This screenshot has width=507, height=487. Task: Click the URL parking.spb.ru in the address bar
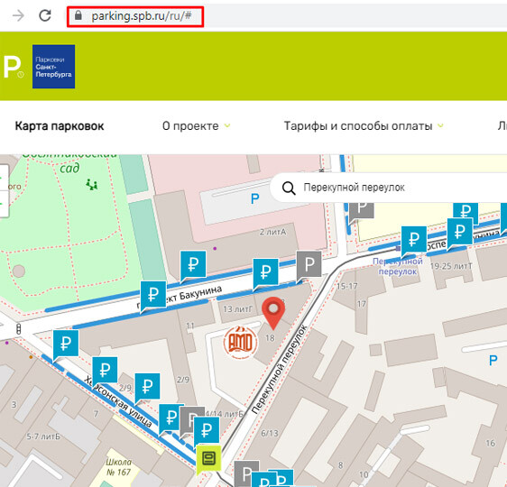pos(142,16)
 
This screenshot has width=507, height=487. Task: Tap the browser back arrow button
pos(17,15)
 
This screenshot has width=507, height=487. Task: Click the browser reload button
pos(45,15)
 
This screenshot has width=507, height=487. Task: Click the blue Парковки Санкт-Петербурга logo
pos(53,67)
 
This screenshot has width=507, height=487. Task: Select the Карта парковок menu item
pos(60,126)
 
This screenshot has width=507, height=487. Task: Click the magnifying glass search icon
pos(289,188)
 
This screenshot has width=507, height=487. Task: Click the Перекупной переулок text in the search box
pos(354,188)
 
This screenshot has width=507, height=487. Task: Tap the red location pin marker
pos(272,313)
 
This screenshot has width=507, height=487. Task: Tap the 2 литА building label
pos(272,232)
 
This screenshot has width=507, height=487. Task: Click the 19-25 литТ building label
pos(452,266)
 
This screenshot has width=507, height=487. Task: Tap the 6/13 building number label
pos(269,433)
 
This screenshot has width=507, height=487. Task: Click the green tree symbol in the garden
pos(90,185)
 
